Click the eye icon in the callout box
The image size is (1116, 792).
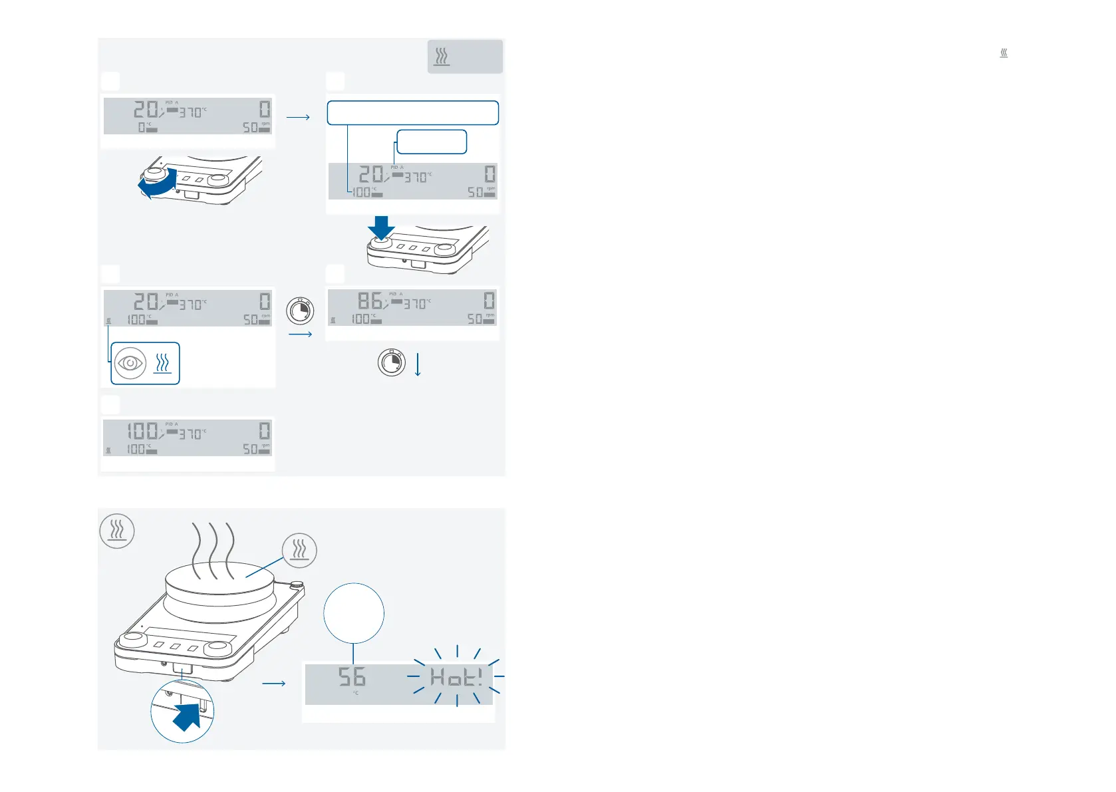(130, 364)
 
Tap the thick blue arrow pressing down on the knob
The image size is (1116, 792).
(381, 227)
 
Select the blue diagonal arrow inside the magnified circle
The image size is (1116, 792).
(188, 717)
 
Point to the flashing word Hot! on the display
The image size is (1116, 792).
(456, 678)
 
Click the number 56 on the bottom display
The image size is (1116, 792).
(352, 677)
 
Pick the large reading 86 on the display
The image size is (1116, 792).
(370, 301)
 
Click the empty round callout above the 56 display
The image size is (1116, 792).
(354, 613)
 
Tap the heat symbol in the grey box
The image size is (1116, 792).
(442, 57)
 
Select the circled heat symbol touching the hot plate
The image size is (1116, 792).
(299, 550)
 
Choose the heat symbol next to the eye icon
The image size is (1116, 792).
(163, 364)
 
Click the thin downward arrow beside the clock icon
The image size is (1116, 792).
(418, 364)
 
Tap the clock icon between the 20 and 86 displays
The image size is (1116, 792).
(300, 311)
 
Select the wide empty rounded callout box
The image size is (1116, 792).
(412, 113)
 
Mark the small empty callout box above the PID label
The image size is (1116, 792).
(432, 142)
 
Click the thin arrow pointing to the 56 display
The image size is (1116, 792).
(274, 683)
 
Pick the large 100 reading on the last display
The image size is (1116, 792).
(142, 430)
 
